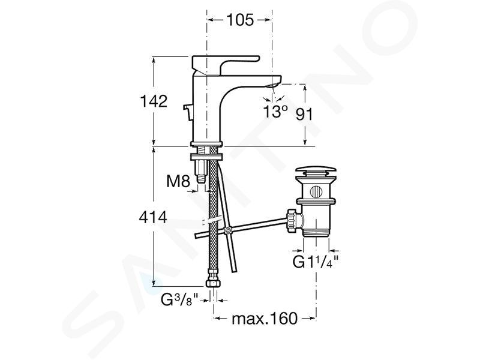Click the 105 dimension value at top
tap(240, 20)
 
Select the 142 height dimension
tap(154, 101)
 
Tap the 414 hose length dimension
tap(153, 217)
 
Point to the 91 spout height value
tap(304, 115)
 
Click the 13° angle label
tap(275, 112)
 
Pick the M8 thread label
tap(178, 181)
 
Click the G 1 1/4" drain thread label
tap(316, 262)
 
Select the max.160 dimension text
tap(265, 319)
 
